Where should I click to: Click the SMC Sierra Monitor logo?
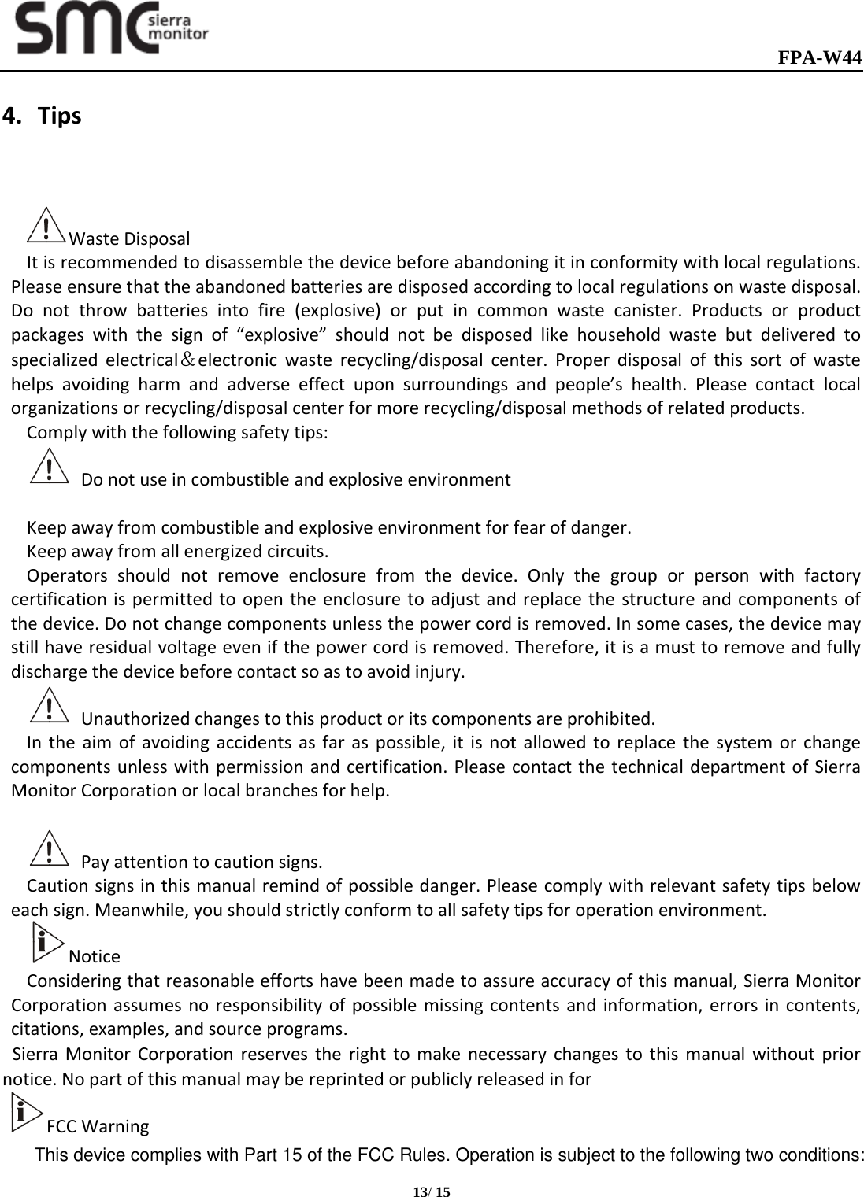(x=113, y=29)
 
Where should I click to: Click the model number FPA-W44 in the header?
(x=819, y=58)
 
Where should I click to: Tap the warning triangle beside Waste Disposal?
(x=46, y=226)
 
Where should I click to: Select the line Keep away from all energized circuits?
(x=178, y=549)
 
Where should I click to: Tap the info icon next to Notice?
(x=47, y=944)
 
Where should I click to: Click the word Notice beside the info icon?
(x=95, y=957)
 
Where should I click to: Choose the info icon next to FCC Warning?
(x=28, y=1114)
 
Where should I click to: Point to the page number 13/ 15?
(x=432, y=1192)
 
